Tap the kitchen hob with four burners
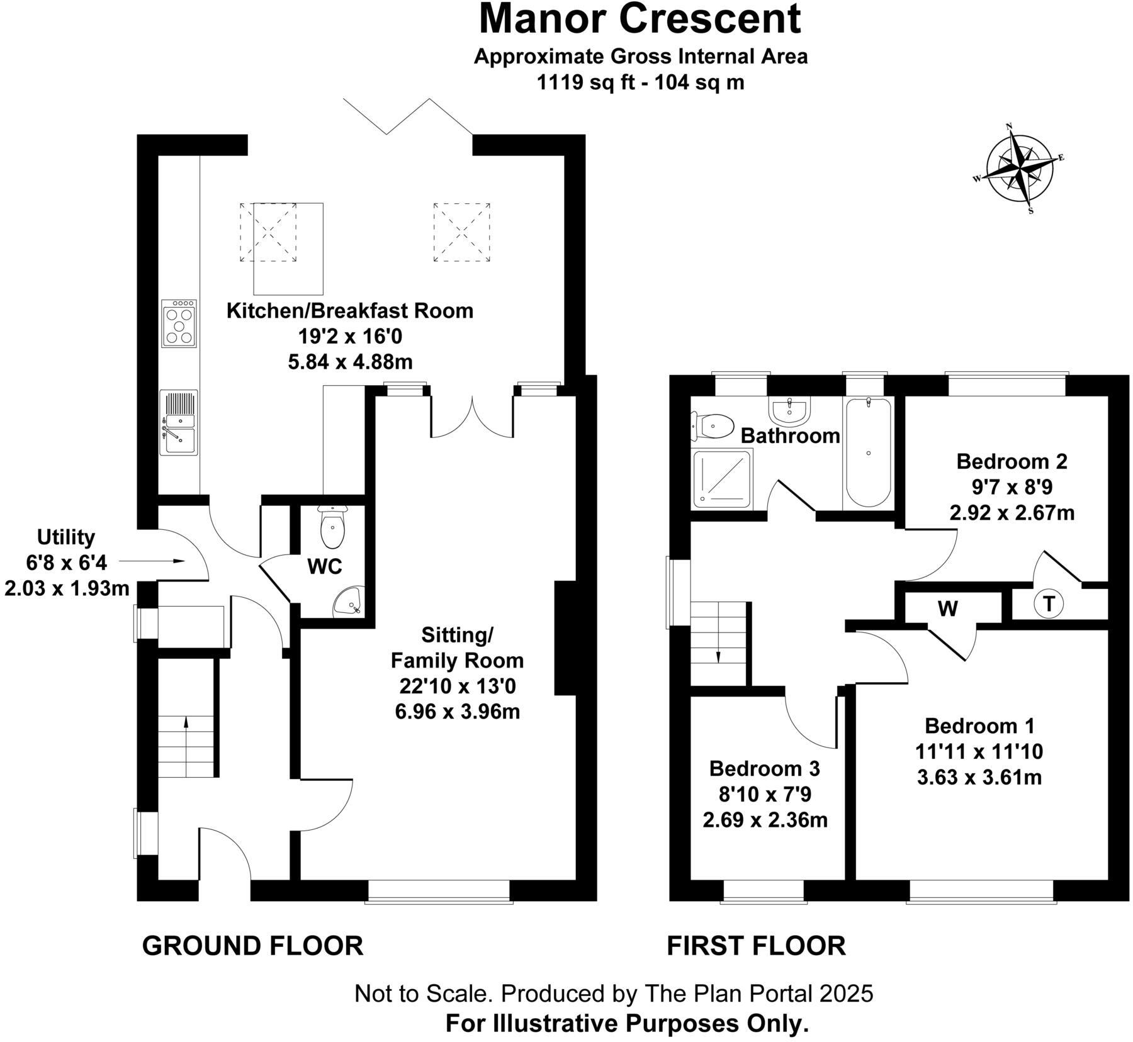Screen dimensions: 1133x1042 (179, 323)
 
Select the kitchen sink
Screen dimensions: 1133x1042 (179, 422)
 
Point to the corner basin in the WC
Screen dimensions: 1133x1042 (347, 601)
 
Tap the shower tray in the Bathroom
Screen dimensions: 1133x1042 (722, 479)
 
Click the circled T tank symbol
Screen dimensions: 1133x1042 (1048, 604)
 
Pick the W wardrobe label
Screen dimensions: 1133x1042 (948, 608)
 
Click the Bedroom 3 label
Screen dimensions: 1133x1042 (764, 768)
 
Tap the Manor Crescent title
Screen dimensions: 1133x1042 (640, 19)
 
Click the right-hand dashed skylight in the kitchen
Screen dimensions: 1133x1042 (461, 232)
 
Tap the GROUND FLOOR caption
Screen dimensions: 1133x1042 (252, 945)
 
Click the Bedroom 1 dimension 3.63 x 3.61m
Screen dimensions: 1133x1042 (979, 778)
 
